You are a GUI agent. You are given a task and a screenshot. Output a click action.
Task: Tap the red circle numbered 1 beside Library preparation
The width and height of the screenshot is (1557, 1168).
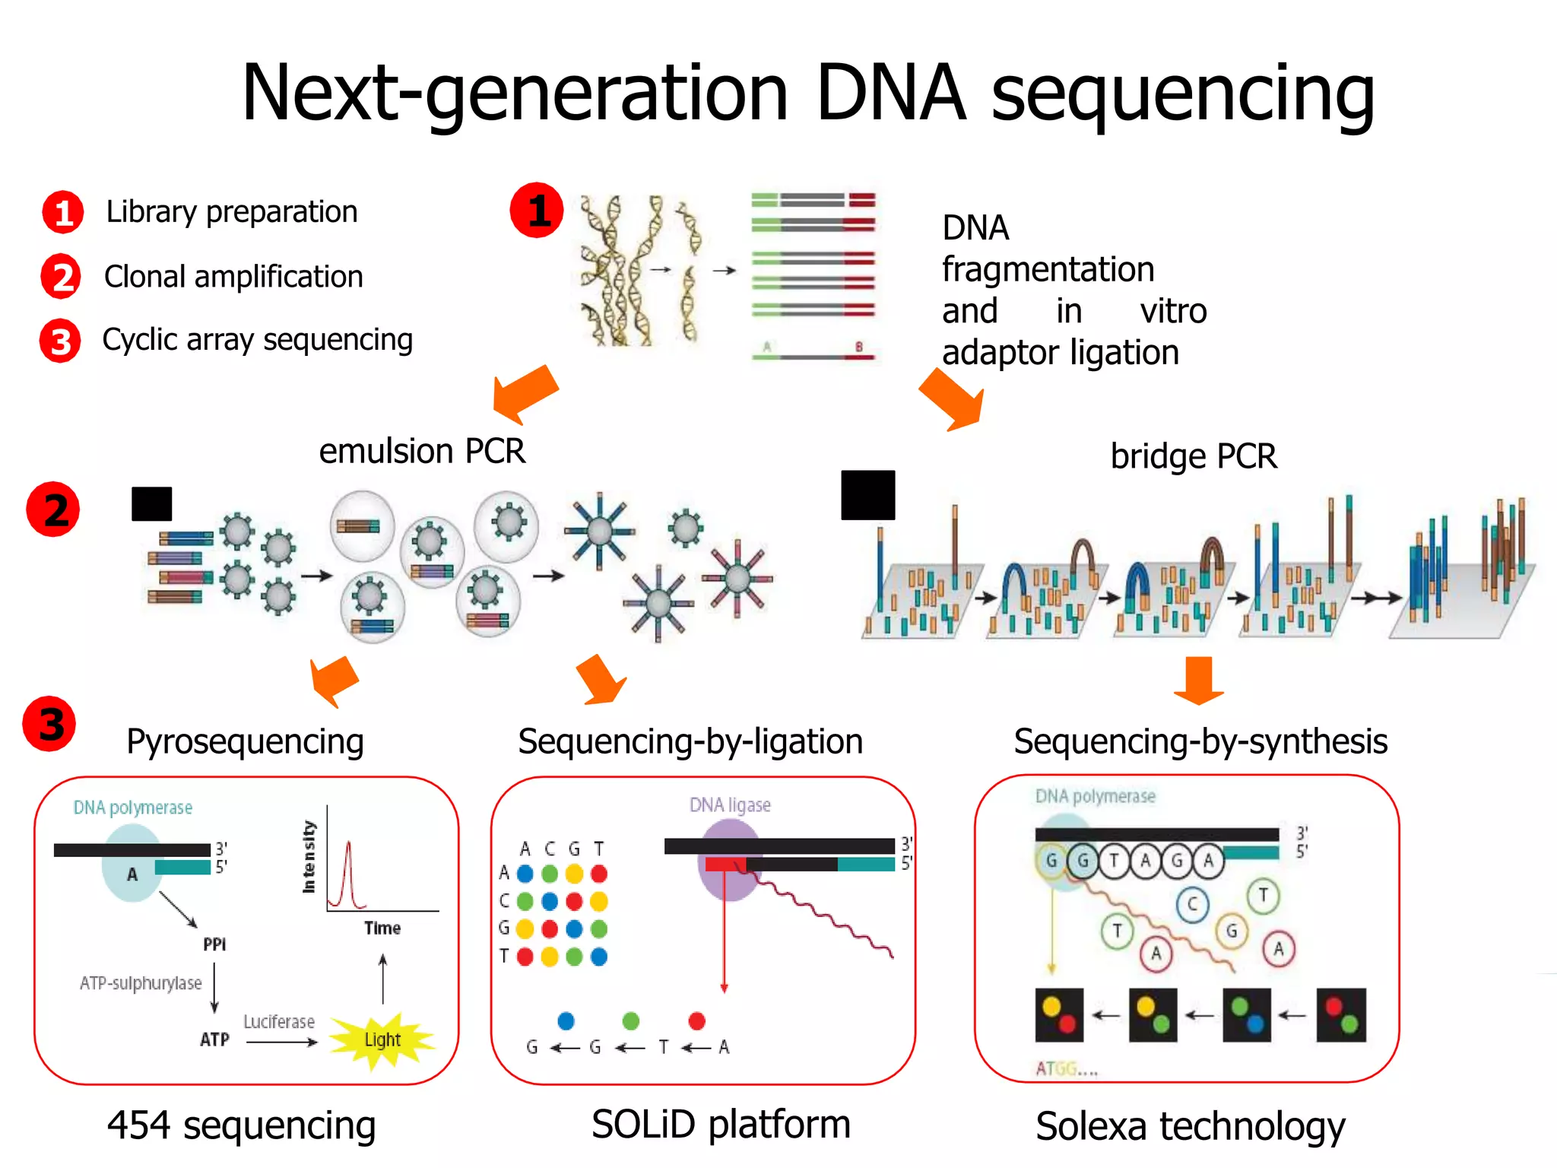click(x=63, y=212)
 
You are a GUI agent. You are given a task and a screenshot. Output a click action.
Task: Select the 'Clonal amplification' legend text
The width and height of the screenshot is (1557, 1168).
click(x=233, y=277)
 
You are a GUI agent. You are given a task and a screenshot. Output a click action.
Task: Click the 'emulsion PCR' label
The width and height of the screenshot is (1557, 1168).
click(x=422, y=451)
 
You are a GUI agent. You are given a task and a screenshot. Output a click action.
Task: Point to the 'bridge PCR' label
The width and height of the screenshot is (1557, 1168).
click(x=1194, y=456)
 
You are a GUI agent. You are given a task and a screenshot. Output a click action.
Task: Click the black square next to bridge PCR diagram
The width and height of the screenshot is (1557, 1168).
click(x=867, y=495)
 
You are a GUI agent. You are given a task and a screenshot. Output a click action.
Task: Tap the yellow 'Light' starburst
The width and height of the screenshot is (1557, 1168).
click(x=382, y=1039)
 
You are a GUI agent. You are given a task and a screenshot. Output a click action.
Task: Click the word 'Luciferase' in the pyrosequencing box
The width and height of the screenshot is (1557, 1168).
click(x=279, y=1022)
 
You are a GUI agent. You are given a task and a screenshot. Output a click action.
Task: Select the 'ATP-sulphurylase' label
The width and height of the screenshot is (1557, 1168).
click(x=141, y=983)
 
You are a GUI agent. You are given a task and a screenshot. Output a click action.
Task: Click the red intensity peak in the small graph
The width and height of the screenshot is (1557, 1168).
click(x=348, y=874)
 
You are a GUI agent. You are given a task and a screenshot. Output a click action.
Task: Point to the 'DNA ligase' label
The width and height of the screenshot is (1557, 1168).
click(x=730, y=805)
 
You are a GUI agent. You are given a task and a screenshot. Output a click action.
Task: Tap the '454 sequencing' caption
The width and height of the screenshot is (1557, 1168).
click(x=242, y=1125)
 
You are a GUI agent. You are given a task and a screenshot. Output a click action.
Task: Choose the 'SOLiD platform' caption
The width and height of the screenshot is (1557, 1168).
click(x=721, y=1125)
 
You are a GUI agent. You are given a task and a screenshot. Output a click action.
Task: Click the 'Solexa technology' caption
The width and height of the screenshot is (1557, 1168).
click(x=1190, y=1127)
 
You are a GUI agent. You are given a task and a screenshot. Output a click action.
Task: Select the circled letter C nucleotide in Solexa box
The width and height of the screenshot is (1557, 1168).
click(x=1192, y=904)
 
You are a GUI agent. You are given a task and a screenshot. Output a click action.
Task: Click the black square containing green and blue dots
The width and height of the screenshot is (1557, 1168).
click(x=1247, y=1015)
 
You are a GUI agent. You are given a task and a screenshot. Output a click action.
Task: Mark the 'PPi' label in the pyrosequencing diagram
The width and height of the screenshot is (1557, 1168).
click(x=214, y=944)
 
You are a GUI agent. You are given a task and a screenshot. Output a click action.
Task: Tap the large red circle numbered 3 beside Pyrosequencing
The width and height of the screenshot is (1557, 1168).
click(x=50, y=724)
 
